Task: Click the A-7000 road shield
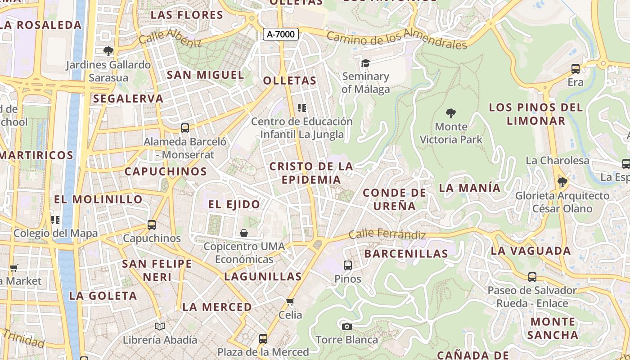pos(281,34)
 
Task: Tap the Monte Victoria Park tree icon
pos(450,113)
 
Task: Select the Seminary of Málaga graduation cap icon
pos(365,63)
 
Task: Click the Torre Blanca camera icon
pos(346,326)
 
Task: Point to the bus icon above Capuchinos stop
pos(152,225)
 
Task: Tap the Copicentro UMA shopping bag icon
pos(243,233)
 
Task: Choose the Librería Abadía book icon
pos(160,326)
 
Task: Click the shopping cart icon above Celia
pos(290,301)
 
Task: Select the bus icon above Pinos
pos(347,265)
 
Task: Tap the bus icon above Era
pos(575,69)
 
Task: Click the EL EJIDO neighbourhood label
pos(234,204)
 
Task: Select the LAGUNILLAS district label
pos(263,276)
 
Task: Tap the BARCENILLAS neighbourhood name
pos(406,253)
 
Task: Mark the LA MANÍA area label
pos(469,188)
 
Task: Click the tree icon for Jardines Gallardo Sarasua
pos(108,51)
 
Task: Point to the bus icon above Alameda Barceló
pos(184,128)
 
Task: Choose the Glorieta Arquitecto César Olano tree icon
pos(562,182)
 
